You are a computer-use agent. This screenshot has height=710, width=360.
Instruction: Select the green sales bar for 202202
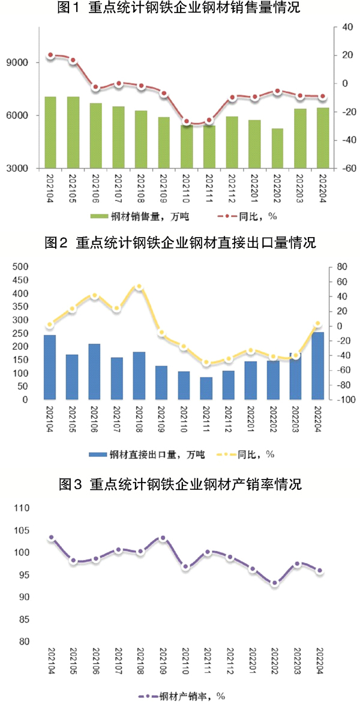coord(277,148)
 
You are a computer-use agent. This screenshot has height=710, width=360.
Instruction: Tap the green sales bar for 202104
coord(50,132)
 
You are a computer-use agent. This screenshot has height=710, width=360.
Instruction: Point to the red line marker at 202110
coord(187,122)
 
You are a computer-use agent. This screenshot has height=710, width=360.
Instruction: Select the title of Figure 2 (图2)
coord(180,242)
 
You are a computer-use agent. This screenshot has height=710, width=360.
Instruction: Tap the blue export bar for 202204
coord(318,366)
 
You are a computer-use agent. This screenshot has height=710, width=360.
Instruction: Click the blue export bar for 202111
coord(206,388)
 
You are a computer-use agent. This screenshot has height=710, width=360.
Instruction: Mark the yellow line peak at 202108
coord(139,287)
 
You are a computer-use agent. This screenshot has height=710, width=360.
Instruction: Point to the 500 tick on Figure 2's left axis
coord(20,267)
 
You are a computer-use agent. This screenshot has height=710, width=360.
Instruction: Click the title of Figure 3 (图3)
coord(180,484)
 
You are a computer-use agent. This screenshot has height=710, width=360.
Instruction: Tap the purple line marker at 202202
coord(275,583)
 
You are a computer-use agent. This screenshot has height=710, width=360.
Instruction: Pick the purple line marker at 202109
coord(163,538)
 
